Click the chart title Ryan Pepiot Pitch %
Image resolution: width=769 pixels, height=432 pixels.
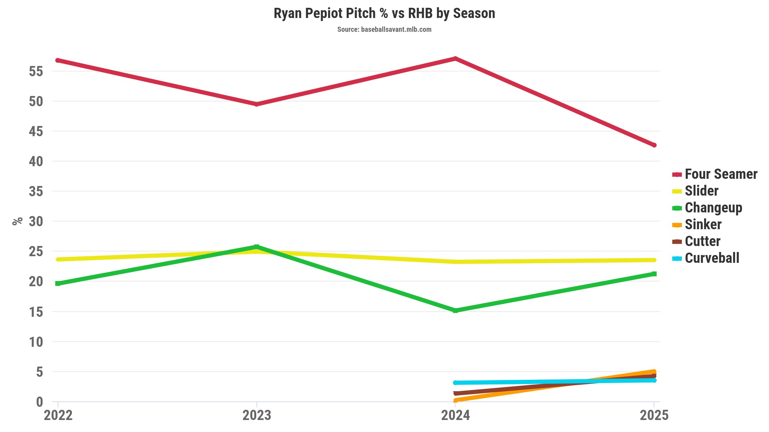[384, 13]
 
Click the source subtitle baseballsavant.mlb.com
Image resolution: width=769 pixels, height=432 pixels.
[384, 29]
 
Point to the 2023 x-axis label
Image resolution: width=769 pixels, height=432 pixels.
[257, 415]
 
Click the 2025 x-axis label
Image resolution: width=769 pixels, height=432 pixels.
[654, 415]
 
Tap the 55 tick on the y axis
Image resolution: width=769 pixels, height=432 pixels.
[36, 71]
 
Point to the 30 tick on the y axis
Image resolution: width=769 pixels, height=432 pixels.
[36, 221]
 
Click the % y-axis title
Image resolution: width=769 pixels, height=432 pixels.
[17, 221]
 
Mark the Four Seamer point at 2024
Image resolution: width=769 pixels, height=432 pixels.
[455, 58]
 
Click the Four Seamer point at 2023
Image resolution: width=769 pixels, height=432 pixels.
[257, 104]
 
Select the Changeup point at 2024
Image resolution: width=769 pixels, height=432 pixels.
[455, 310]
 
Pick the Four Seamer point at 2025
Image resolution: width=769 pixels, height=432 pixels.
[654, 145]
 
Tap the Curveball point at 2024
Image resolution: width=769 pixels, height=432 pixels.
[455, 383]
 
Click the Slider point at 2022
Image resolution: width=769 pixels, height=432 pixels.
[58, 259]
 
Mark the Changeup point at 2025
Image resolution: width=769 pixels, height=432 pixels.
[654, 274]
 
